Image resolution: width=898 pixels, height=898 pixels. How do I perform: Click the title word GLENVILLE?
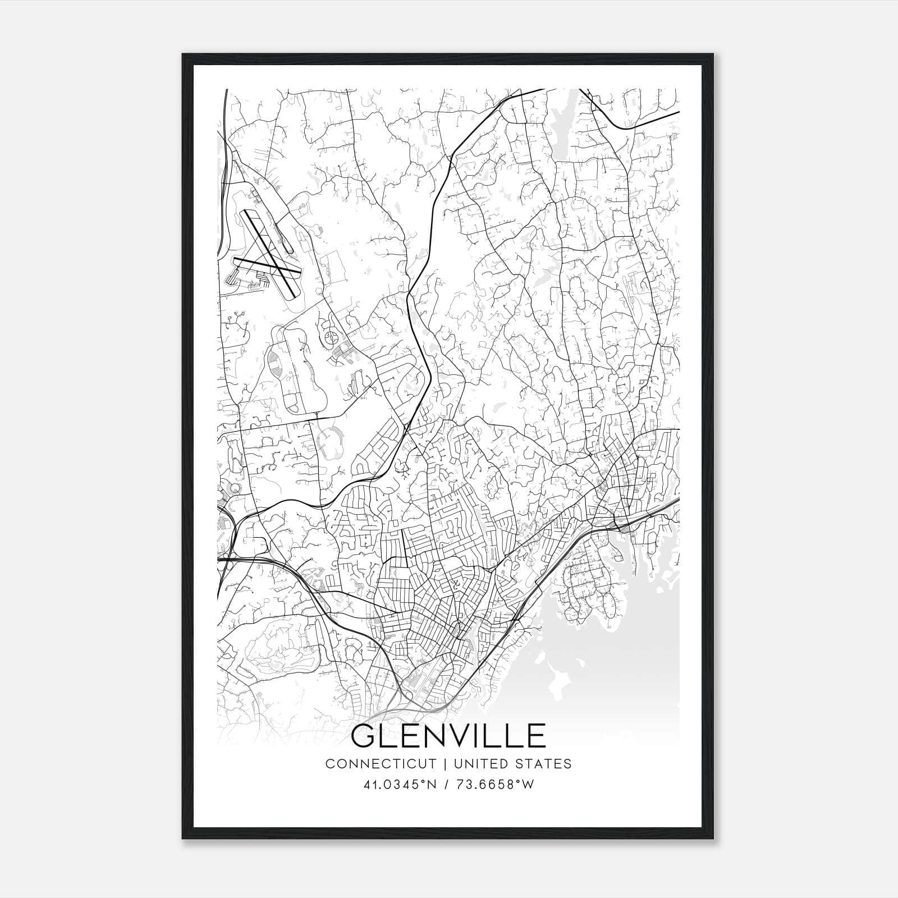pos(448,736)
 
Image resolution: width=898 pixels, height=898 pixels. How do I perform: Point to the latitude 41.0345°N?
pos(400,785)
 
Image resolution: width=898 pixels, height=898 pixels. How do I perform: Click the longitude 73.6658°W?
pos(494,785)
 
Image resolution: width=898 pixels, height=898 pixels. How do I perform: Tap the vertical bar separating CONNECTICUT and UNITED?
pos(445,764)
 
